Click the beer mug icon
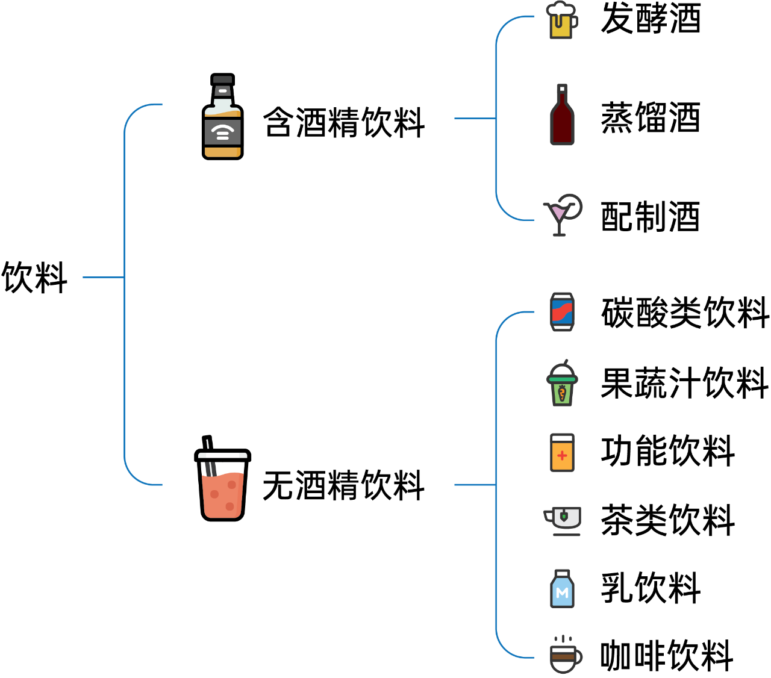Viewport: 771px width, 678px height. click(561, 24)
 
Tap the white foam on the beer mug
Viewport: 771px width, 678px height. click(560, 8)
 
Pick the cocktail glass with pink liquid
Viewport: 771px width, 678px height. click(558, 214)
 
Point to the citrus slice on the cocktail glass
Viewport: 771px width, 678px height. click(573, 205)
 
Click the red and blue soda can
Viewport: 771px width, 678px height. click(562, 312)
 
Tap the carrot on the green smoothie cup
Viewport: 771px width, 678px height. click(562, 394)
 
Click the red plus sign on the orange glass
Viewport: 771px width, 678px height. click(562, 456)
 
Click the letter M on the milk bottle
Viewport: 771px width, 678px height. click(562, 593)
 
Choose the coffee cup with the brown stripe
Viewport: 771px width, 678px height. click(564, 657)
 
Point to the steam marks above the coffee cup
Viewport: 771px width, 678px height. click(563, 639)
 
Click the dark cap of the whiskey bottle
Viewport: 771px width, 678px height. click(222, 79)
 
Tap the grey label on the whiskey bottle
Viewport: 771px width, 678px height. click(222, 131)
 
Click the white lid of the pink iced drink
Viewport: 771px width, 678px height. click(222, 455)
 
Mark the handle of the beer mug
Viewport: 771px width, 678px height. click(574, 22)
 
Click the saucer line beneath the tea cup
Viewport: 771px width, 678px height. click(566, 535)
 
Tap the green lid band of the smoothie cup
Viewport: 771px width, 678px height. click(562, 379)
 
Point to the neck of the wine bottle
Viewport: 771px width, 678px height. click(562, 93)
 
